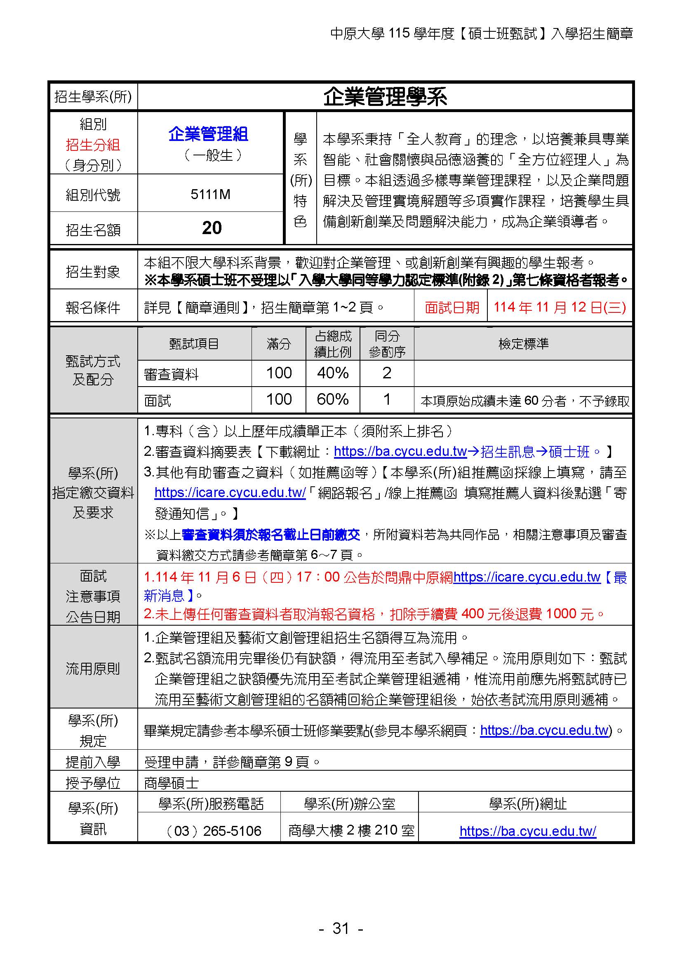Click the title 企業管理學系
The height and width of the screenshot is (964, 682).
(385, 97)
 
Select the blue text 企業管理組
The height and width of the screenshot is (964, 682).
(209, 134)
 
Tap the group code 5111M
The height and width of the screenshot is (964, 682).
(210, 195)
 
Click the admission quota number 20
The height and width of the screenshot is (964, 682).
(212, 228)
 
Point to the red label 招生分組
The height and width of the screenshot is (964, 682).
(93, 145)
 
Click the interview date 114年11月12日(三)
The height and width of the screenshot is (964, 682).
(560, 307)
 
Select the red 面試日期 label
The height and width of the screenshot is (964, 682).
(452, 308)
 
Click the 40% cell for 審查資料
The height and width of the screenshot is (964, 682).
(333, 373)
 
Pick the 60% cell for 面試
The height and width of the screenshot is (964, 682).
(333, 399)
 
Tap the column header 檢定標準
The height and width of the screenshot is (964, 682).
(523, 344)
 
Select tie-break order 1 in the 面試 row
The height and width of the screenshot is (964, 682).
(387, 399)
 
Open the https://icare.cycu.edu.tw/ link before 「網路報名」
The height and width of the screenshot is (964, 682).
(230, 493)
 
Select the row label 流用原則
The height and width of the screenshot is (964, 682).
(93, 668)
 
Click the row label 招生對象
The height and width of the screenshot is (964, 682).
(93, 272)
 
